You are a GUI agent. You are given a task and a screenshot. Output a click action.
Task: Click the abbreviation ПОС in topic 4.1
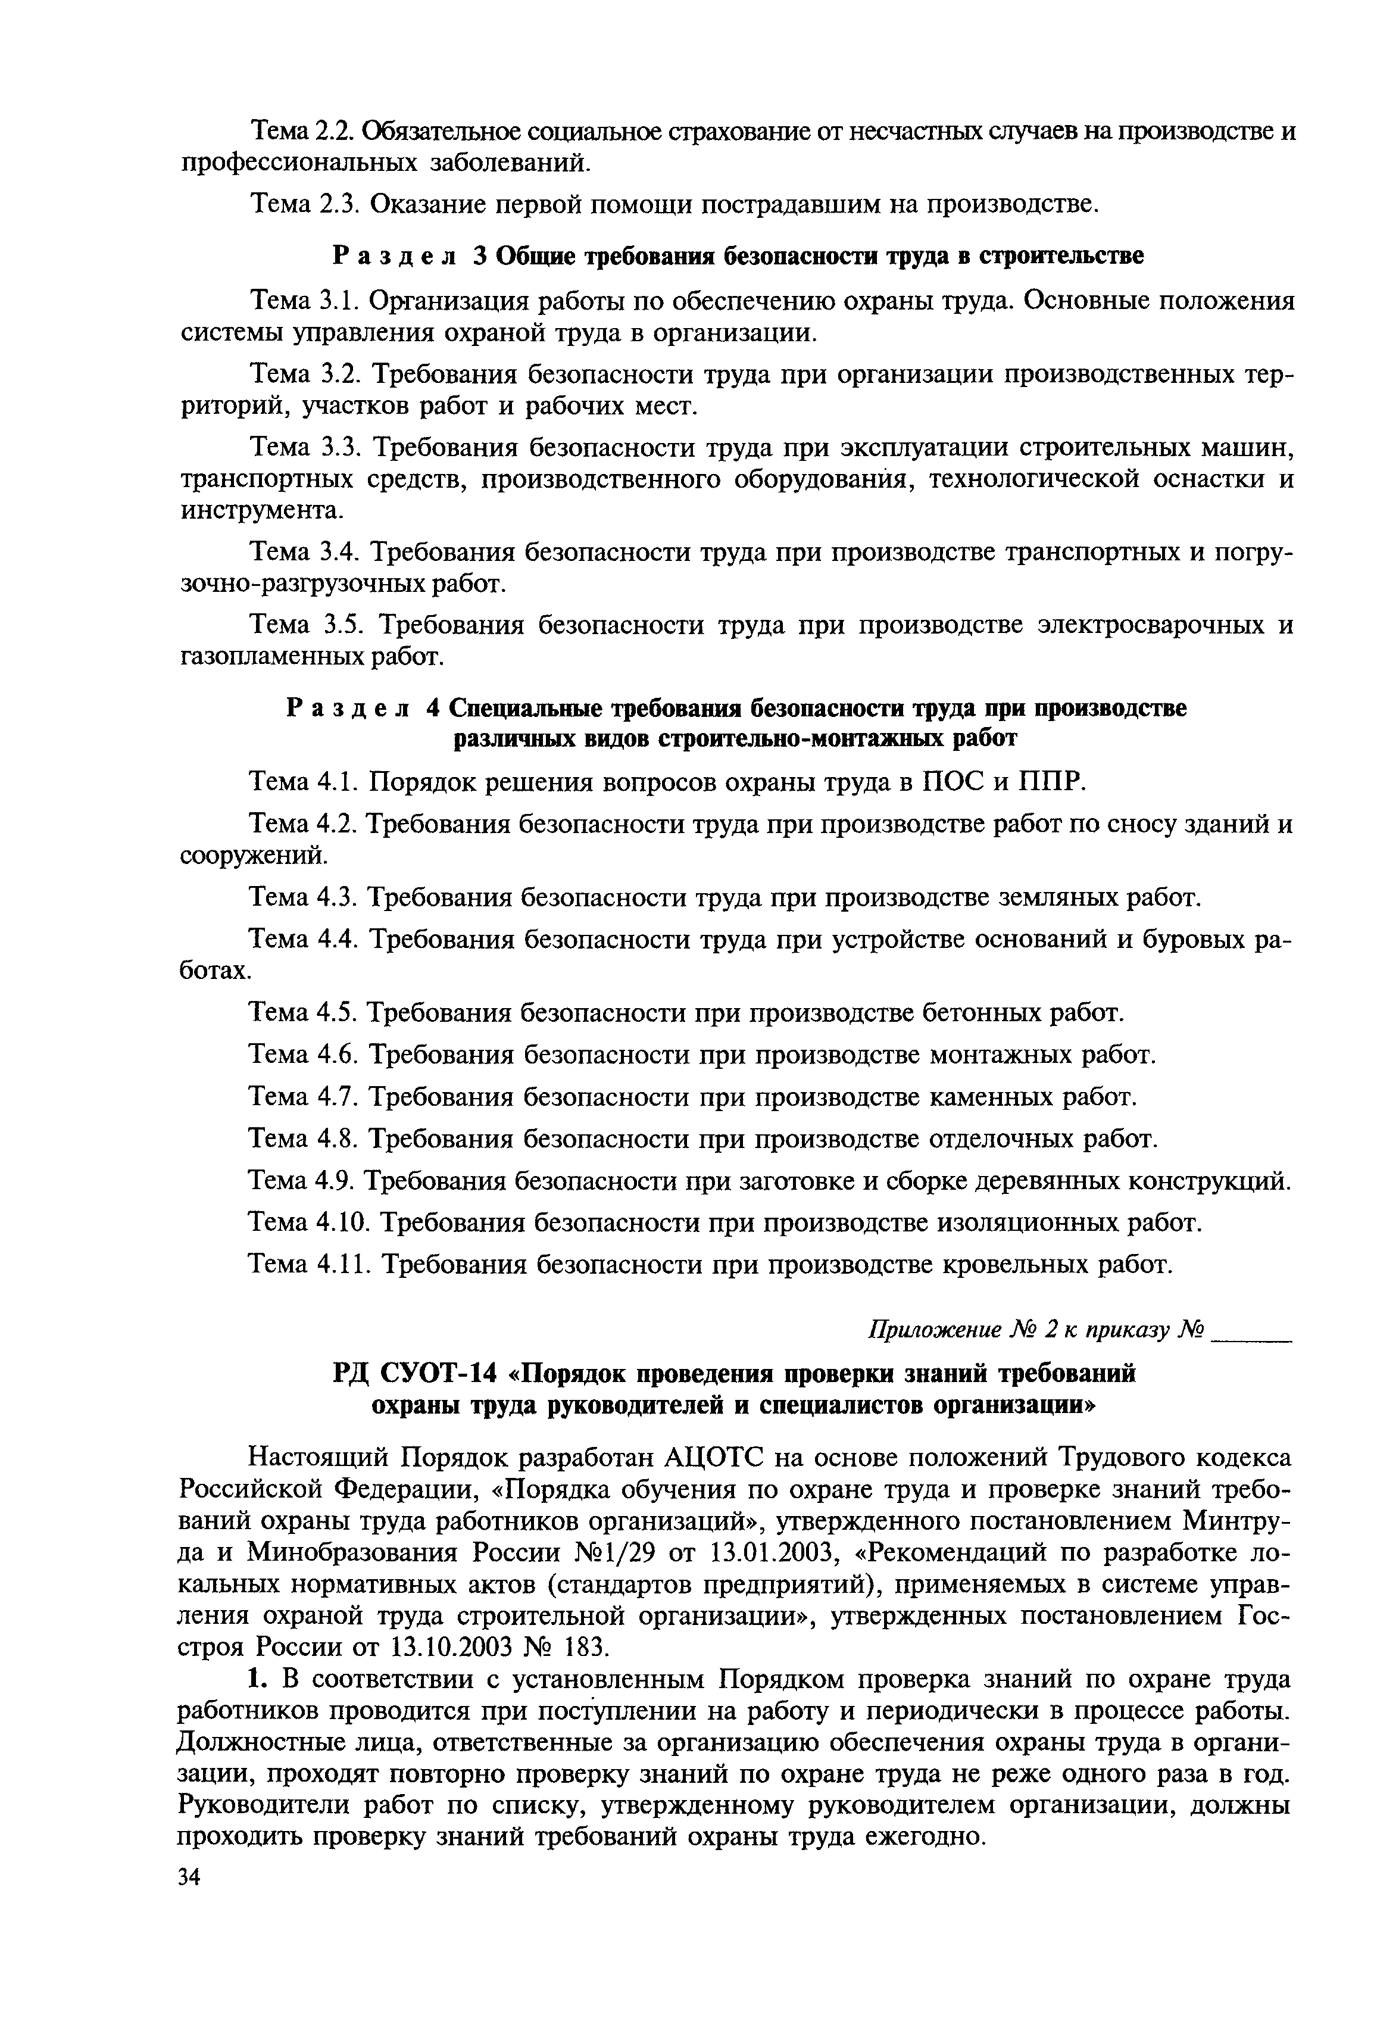click(x=951, y=782)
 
